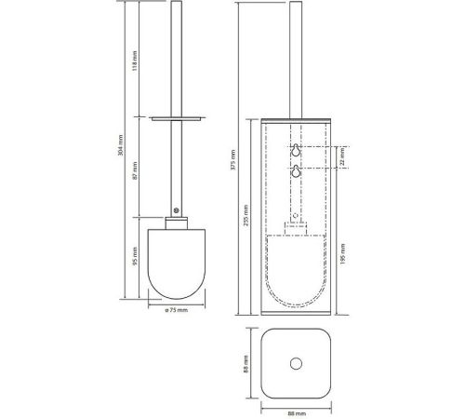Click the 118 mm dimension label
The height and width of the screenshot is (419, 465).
coord(135,61)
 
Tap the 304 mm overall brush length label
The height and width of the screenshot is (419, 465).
coord(121,145)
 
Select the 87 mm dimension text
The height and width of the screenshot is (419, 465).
coord(135,170)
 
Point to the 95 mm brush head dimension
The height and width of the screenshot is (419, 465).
coord(135,256)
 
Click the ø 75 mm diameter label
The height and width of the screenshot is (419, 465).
coord(177,310)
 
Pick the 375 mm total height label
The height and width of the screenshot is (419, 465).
coord(233,159)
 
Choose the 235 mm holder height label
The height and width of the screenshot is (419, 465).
coord(246,215)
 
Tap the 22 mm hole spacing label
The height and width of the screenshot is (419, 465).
coord(342,156)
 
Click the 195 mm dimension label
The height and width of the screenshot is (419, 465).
coord(342,254)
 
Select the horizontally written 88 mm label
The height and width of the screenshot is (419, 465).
coord(297,413)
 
